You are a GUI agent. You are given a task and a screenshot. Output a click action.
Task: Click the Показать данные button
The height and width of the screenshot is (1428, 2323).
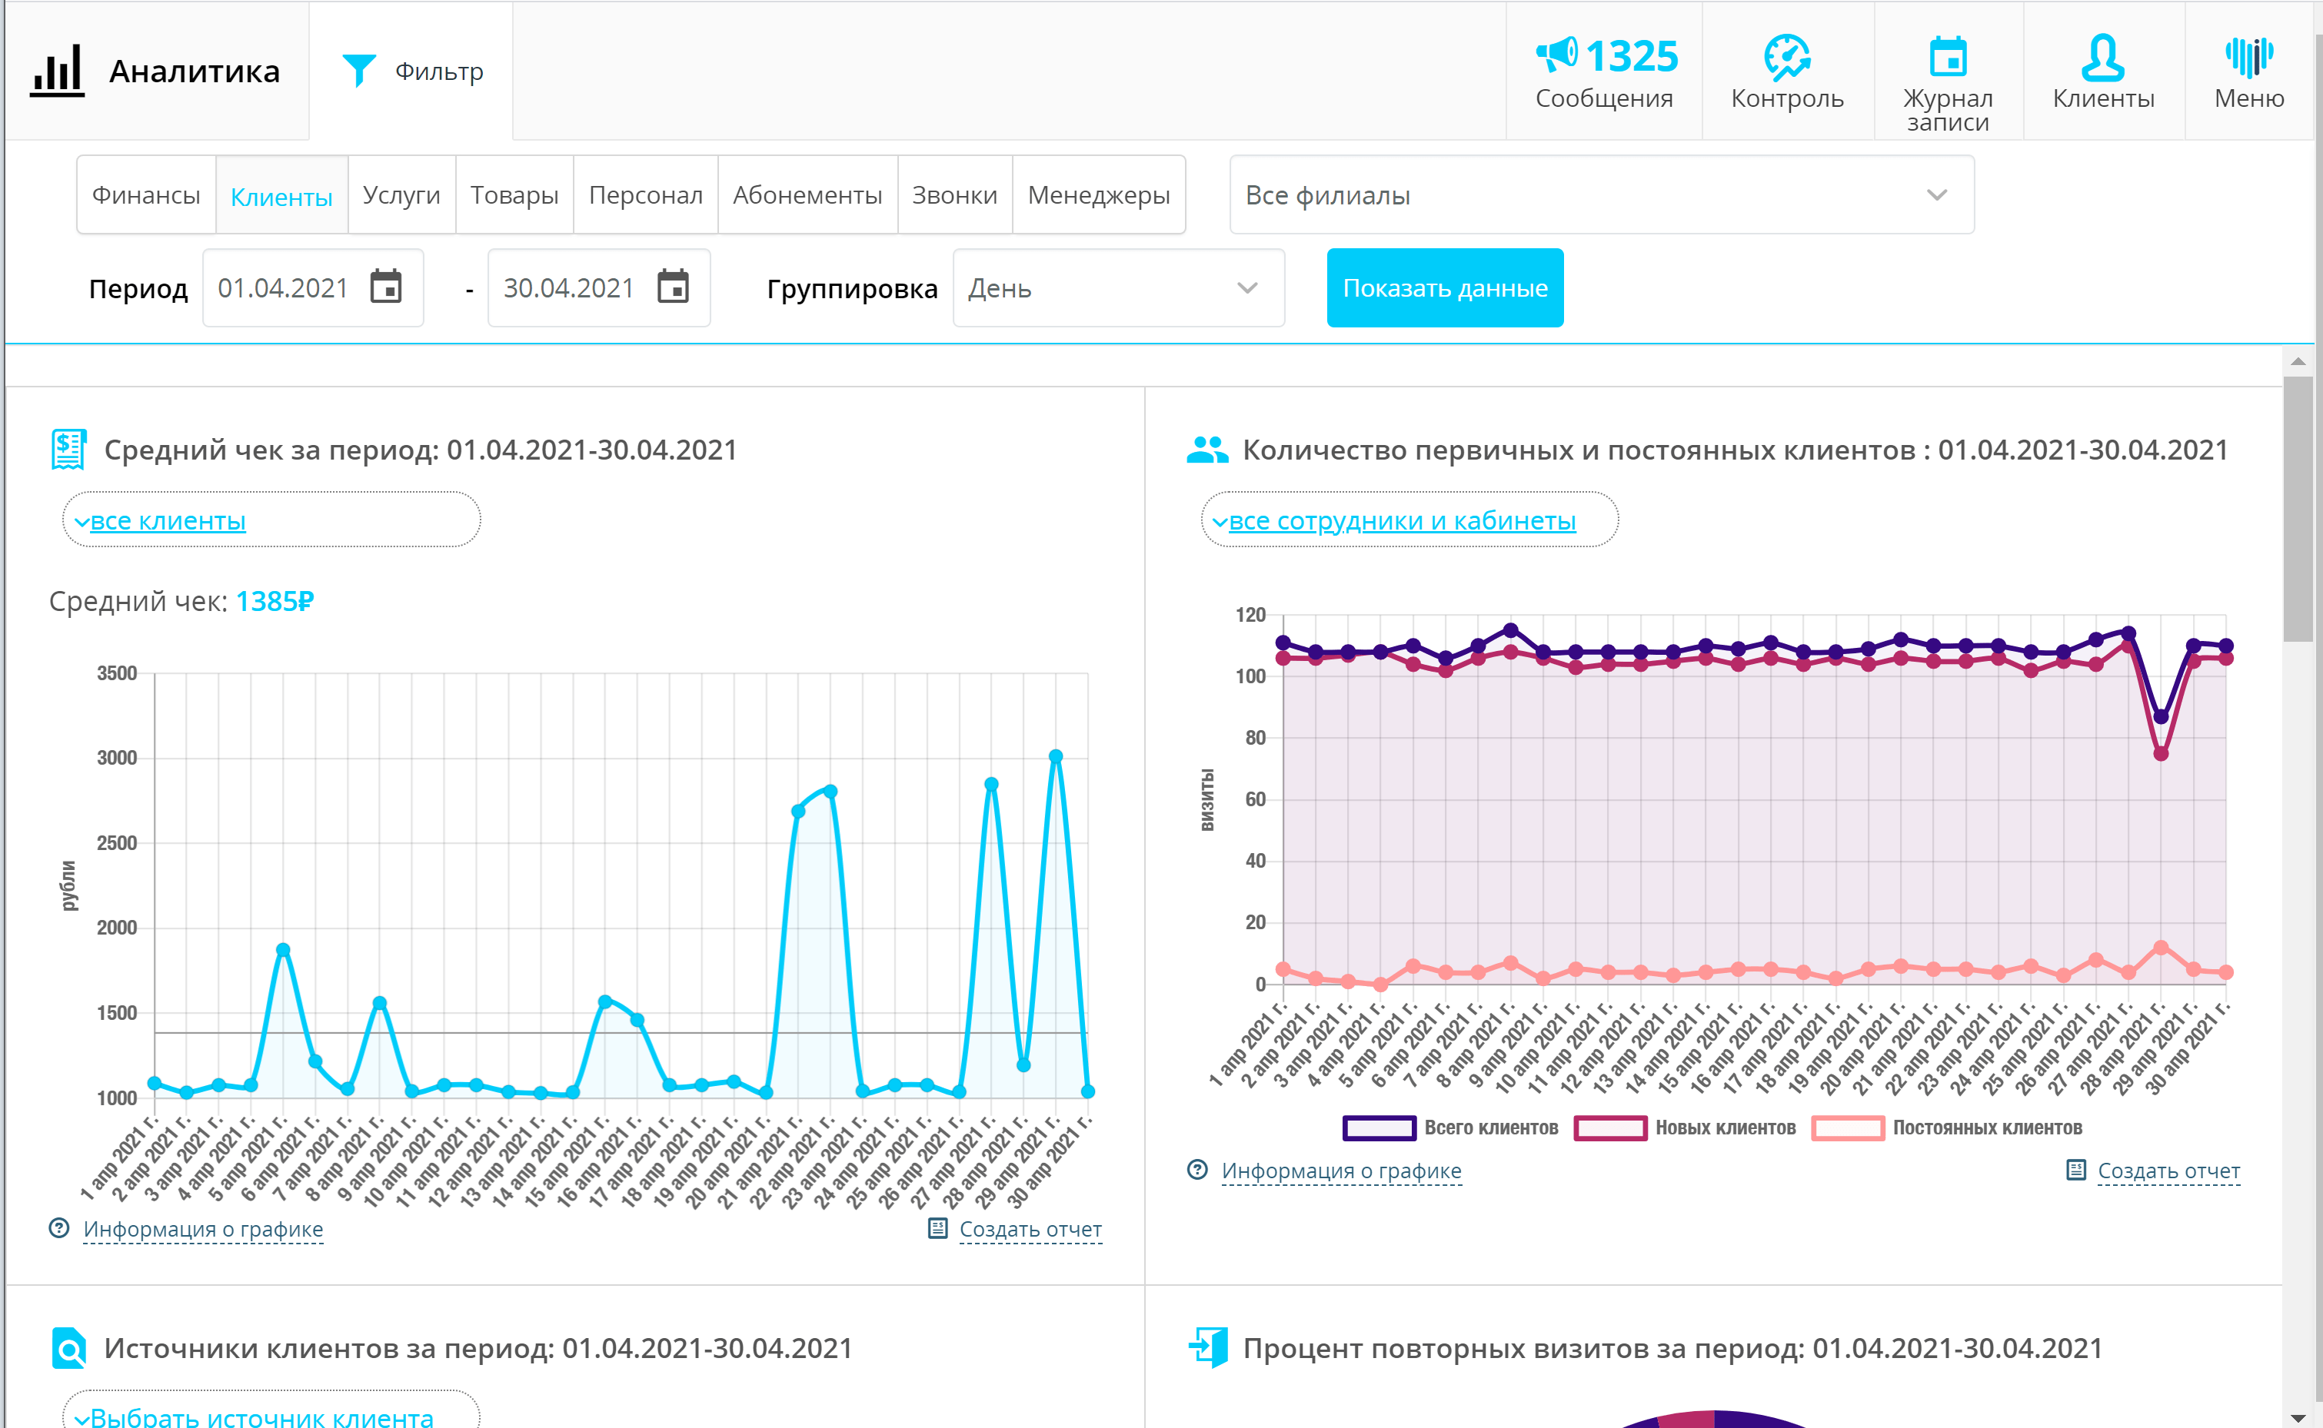click(1443, 288)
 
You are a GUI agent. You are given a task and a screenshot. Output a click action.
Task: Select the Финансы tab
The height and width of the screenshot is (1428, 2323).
click(145, 194)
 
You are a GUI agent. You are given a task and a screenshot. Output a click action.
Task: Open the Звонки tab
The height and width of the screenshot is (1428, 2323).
click(953, 194)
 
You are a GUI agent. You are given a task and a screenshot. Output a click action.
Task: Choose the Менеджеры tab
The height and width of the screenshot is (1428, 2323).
click(1098, 194)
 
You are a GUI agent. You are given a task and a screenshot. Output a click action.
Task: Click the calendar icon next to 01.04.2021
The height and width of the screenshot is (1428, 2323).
click(385, 287)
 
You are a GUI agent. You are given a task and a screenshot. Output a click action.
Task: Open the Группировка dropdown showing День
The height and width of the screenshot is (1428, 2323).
click(1117, 288)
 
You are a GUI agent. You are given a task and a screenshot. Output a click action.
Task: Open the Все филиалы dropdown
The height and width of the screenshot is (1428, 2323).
click(1600, 194)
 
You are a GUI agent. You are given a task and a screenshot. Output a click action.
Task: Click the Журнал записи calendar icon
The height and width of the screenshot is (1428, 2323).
click(1947, 57)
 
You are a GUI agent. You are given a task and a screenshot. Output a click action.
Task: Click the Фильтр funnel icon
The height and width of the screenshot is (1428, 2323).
click(359, 70)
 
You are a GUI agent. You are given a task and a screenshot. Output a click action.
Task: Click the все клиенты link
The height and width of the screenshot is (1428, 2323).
click(168, 520)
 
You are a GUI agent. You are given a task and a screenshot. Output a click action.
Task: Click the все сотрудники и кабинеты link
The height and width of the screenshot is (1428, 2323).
click(1401, 520)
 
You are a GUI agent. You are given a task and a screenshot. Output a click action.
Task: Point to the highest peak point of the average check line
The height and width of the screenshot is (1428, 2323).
click(1055, 756)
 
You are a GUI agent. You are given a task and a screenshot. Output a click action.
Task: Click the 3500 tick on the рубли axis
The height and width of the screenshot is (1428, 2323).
click(117, 673)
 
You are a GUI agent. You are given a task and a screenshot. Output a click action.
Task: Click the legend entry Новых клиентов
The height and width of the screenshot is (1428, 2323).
click(1724, 1127)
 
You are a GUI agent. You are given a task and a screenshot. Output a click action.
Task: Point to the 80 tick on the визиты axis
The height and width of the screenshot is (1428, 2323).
click(1255, 738)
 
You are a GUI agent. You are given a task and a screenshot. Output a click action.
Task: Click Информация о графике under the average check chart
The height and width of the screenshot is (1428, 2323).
click(203, 1229)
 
